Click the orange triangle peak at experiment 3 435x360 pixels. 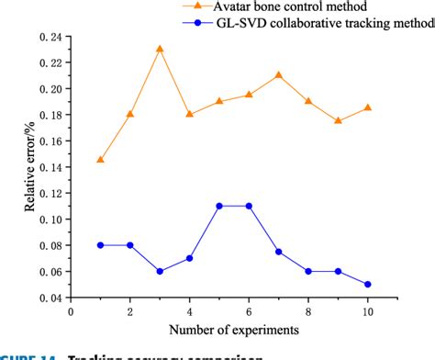[x=160, y=49]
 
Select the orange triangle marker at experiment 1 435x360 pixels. [x=100, y=160]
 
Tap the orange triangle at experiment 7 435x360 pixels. [x=278, y=74]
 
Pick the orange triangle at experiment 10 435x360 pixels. [x=367, y=107]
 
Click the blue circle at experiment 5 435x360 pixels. [x=219, y=206]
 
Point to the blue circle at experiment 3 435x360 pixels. [x=160, y=271]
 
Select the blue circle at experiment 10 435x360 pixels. [x=367, y=284]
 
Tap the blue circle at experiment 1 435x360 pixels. [x=100, y=245]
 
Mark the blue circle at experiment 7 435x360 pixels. [x=278, y=252]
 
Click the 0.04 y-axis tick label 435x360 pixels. [x=52, y=298]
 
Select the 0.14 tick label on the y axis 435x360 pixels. [x=52, y=167]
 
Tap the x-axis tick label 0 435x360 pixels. [x=71, y=311]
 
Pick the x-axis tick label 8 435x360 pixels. [x=308, y=311]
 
